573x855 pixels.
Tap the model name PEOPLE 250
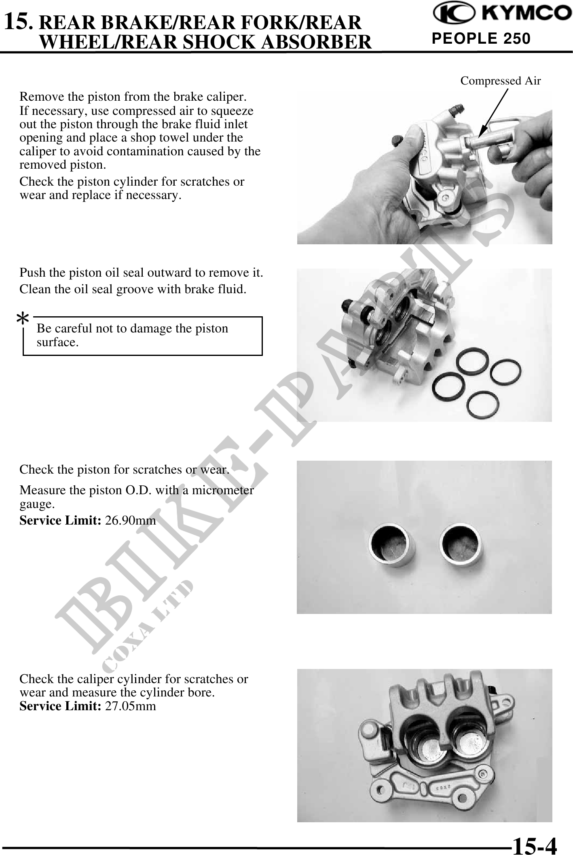click(x=481, y=38)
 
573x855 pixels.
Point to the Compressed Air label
click(x=501, y=81)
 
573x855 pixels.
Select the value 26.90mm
click(x=130, y=520)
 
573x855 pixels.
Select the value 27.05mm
click(x=130, y=706)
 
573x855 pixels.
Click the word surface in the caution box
click(x=57, y=342)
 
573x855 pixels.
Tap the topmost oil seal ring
click(x=470, y=363)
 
